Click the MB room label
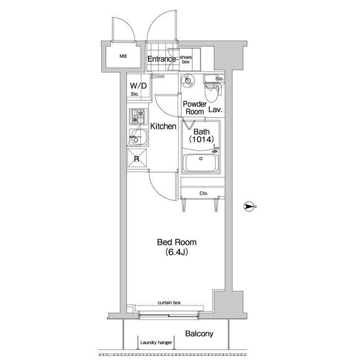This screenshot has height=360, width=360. point(123,56)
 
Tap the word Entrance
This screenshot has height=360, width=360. point(161,59)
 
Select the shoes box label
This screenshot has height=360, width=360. point(186,60)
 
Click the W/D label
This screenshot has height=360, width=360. point(138,86)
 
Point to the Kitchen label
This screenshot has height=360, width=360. point(163,126)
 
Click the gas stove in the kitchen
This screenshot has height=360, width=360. point(138,116)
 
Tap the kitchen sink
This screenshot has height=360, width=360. point(138,137)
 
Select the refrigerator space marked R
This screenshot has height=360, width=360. point(137,159)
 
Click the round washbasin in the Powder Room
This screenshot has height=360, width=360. point(188,81)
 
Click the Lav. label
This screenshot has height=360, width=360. point(215,110)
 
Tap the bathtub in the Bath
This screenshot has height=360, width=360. point(201,163)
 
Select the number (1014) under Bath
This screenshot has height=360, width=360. point(201,139)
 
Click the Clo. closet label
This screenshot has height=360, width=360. point(204,193)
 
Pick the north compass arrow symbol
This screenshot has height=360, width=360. point(249,206)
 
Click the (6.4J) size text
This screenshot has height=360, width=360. point(177,252)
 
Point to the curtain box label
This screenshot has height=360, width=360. point(169,303)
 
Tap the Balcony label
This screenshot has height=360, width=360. point(199,334)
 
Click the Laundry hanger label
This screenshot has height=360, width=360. point(156,343)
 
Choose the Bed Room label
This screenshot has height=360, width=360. point(177,242)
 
